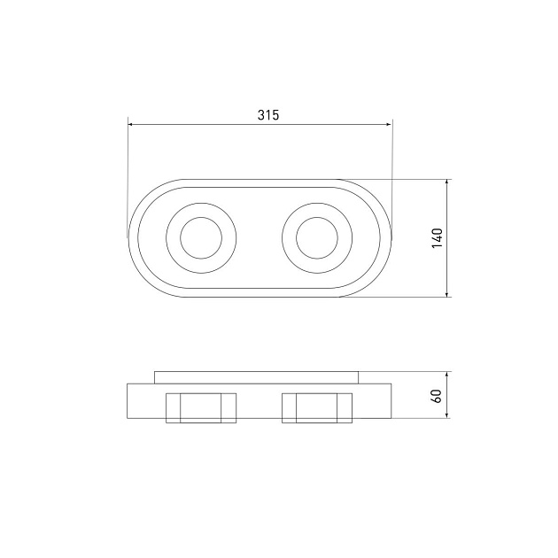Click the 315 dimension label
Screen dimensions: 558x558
[268, 115]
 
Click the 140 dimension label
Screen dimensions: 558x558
[437, 238]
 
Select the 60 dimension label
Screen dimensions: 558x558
[437, 396]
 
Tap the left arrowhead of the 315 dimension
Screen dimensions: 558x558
[130, 124]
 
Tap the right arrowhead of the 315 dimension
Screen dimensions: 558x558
[389, 124]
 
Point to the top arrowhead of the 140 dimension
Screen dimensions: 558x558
[447, 182]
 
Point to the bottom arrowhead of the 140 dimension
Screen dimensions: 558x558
[447, 294]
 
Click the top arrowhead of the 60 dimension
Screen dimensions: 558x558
[447, 374]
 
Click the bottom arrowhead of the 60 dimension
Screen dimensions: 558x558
[447, 415]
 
